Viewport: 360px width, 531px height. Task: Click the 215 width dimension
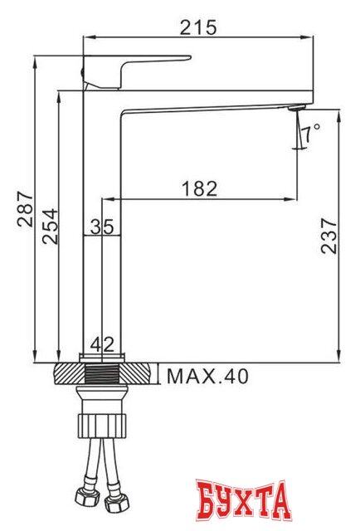(x=198, y=27)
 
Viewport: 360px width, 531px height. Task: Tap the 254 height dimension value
(x=49, y=224)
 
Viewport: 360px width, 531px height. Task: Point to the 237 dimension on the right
(x=329, y=236)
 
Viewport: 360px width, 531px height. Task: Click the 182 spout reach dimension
(x=199, y=188)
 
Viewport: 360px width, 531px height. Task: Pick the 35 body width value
(x=102, y=226)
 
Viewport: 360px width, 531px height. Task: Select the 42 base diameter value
(x=102, y=343)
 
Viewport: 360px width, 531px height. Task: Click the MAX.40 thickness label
(x=207, y=377)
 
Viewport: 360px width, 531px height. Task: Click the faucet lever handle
(x=141, y=66)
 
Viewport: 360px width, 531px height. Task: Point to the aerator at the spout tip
(x=295, y=108)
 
